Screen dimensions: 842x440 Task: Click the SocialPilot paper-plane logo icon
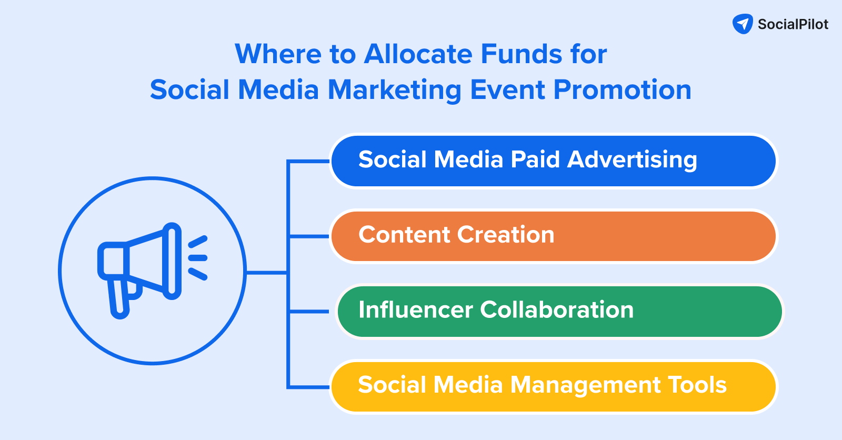(743, 24)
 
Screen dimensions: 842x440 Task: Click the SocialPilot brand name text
(793, 24)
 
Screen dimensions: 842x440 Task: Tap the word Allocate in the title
(418, 54)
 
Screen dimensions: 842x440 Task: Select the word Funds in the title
(522, 54)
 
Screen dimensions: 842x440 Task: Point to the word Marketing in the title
(394, 90)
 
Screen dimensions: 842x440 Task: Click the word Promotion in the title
(623, 90)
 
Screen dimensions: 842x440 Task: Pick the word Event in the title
(507, 90)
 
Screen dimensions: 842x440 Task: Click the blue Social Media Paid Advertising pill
(553, 161)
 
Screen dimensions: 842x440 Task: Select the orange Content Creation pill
(553, 236)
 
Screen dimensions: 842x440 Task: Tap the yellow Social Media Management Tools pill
(553, 387)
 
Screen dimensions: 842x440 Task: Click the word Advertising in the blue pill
(632, 160)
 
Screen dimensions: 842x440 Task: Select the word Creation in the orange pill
(506, 235)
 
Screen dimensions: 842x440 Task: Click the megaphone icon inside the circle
(152, 271)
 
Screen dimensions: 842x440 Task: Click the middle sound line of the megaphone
(198, 258)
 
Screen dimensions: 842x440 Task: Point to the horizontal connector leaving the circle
(266, 272)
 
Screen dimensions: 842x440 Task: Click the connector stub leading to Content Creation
(308, 236)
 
